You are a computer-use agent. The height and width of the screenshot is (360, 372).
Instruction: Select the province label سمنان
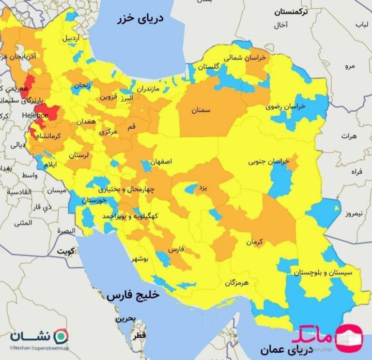201,111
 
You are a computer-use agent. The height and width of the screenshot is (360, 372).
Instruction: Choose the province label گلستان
209,66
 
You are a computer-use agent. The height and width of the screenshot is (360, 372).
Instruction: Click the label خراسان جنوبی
268,160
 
